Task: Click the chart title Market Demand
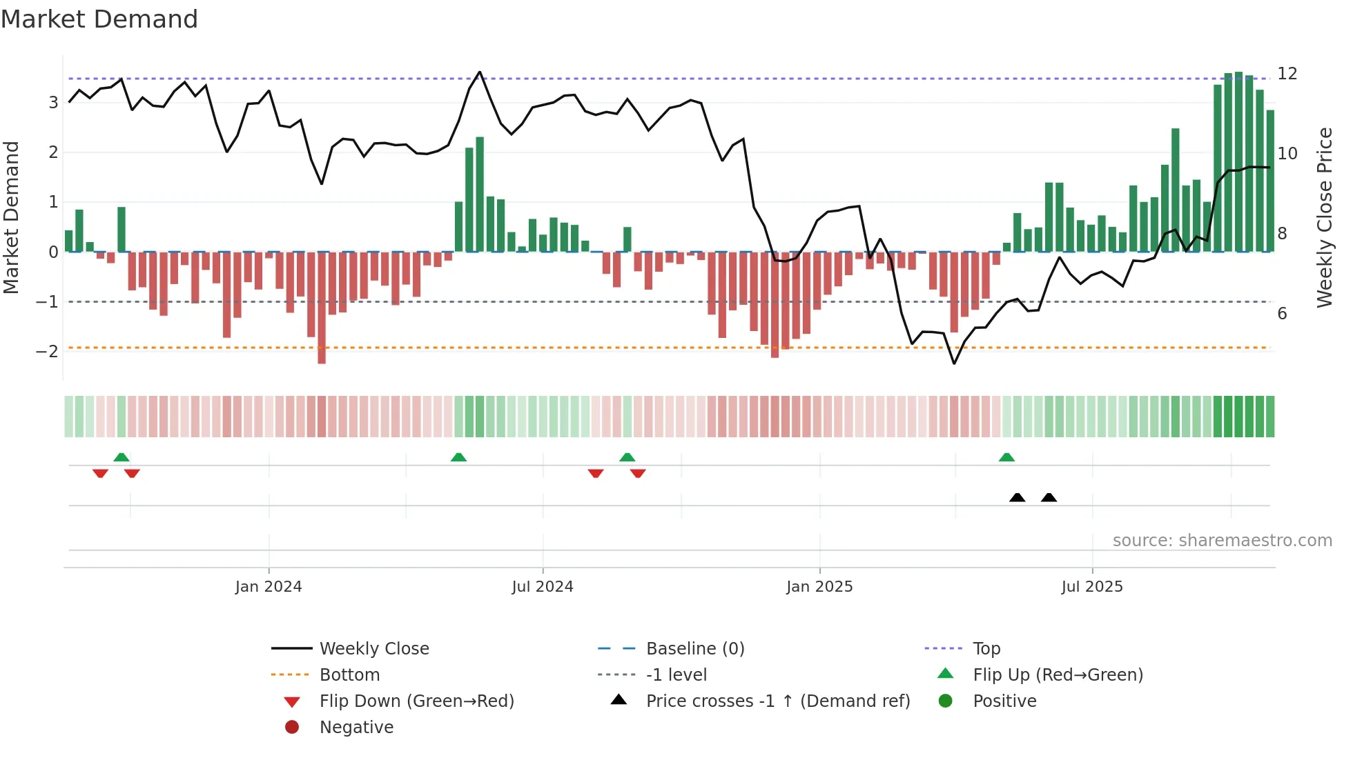coord(99,19)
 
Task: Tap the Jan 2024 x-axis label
coord(268,587)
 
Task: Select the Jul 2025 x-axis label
coord(1091,587)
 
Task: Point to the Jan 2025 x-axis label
coord(819,587)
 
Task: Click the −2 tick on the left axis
coord(47,351)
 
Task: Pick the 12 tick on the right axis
coord(1287,74)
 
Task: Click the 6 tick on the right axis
coord(1282,314)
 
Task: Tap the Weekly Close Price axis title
coord(1324,217)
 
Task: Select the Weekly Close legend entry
coord(373,649)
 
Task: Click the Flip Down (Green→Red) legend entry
coord(416,701)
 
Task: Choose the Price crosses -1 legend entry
coord(777,701)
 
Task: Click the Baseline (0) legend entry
coord(694,649)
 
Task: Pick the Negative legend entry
coord(356,728)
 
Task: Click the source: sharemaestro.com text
coord(1222,541)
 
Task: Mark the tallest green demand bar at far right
coord(1238,162)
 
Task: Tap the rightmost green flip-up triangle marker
coord(1006,457)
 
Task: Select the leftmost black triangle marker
coord(1017,497)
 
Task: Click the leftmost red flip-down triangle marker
coord(100,473)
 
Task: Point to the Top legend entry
coord(986,649)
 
